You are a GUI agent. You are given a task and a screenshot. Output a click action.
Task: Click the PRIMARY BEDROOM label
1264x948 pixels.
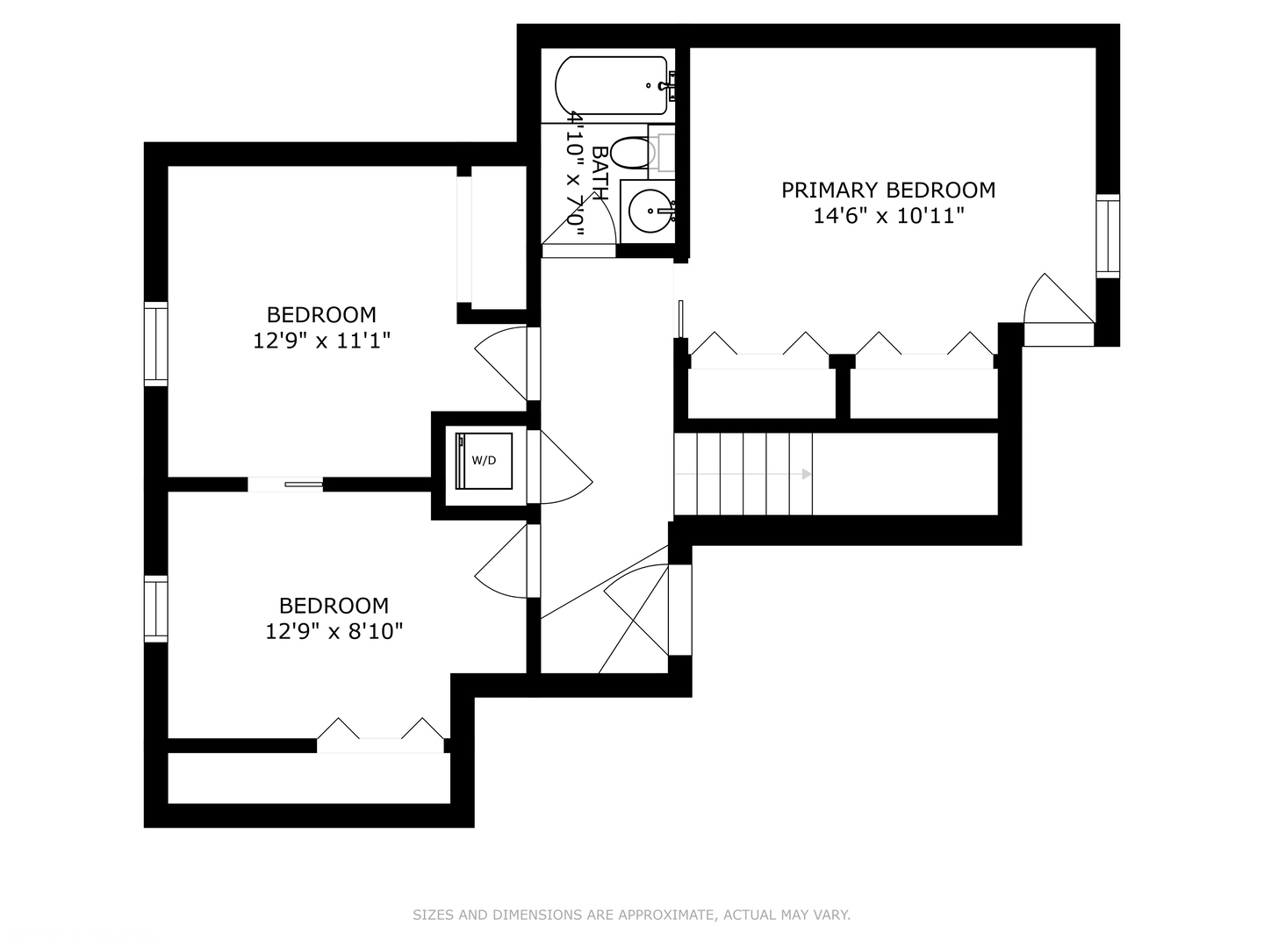888,190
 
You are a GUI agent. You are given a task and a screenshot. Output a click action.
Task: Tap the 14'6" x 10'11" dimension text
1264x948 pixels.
888,217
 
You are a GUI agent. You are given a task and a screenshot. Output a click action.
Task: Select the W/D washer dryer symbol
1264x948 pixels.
484,461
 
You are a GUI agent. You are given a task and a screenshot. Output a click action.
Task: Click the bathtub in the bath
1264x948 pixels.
612,86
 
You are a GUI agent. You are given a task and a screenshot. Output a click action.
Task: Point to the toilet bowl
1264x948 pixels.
632,153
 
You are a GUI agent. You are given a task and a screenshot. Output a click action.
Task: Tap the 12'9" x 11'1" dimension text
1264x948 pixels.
322,341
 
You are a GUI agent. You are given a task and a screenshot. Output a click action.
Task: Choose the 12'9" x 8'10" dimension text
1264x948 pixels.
334,631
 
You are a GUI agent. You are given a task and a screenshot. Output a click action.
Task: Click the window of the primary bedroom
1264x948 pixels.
1108,236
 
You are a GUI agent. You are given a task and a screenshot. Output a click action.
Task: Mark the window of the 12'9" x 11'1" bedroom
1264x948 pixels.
155,343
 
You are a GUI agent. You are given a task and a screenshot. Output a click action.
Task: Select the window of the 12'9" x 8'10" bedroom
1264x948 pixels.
155,608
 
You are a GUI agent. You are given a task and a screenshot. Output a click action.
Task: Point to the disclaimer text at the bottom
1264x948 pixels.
631,915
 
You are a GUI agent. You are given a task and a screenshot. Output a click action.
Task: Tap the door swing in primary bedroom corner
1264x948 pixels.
1059,298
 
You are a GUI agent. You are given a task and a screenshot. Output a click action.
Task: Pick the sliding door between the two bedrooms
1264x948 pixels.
285,485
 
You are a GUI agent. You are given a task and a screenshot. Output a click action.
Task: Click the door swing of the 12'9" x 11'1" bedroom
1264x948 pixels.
500,363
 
